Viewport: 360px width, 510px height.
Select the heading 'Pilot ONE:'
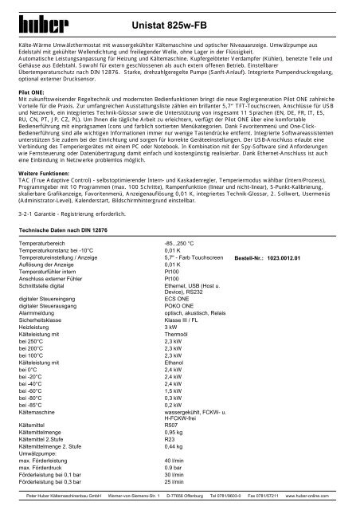click(x=34, y=92)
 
